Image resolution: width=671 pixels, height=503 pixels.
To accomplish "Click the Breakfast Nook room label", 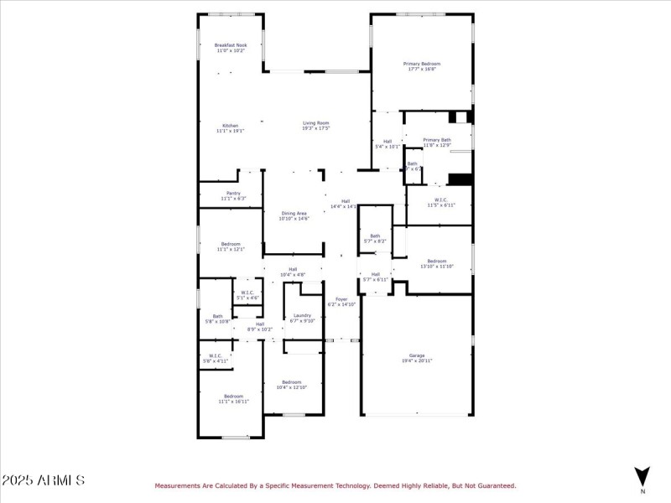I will pos(230,45).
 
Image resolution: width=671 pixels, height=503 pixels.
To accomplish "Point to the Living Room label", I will pos(316,123).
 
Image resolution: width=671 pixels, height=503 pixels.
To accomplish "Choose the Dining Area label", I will pos(294,213).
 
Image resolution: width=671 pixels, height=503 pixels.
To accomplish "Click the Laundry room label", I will pos(302,315).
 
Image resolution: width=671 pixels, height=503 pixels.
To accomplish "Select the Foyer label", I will pos(341,299).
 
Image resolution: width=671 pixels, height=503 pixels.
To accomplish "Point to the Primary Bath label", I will pos(437,140).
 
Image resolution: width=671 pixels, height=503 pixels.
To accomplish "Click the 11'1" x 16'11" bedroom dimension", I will pos(232,402).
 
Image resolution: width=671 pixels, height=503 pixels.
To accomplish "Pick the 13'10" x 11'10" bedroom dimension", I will pos(436,267).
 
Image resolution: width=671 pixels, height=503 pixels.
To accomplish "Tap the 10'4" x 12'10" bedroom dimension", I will pos(292,387).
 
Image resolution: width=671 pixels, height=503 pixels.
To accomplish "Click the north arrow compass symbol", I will pos(642,475).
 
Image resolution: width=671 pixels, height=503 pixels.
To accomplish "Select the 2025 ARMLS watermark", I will pos(43,480).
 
